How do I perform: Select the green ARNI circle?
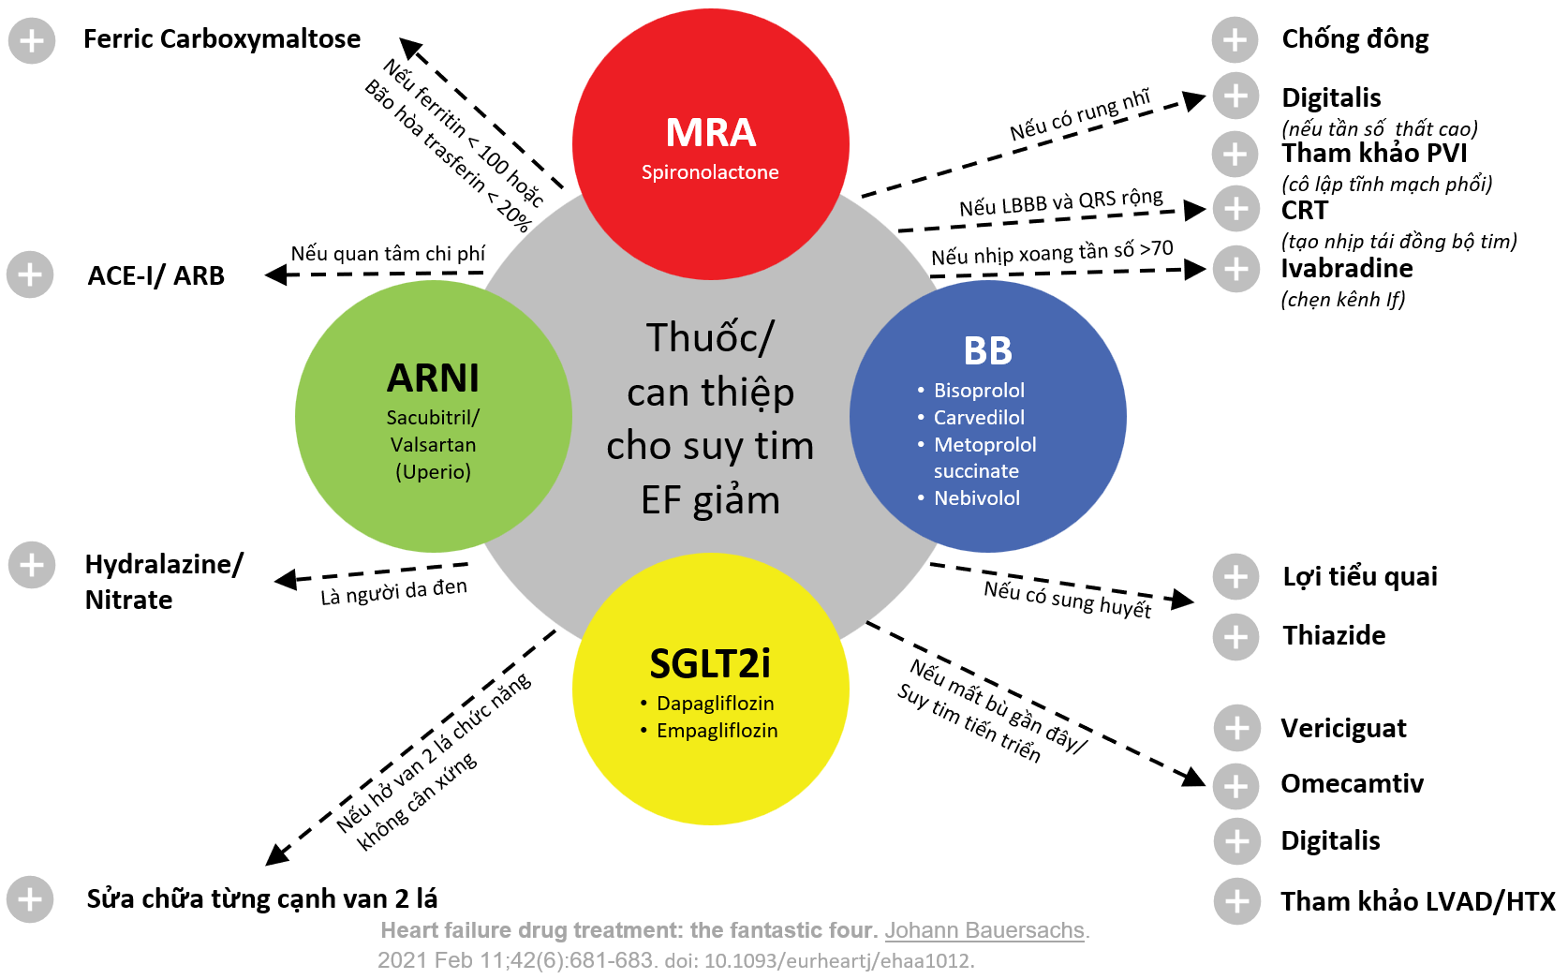pos(433,416)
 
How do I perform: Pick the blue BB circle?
pos(987,416)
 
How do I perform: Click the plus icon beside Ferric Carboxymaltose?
pos(31,40)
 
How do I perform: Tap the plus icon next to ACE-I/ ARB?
pos(30,274)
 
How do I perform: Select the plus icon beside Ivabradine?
pos(1235,269)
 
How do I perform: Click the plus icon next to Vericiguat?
pos(1236,728)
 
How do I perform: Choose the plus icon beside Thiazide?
pos(1235,637)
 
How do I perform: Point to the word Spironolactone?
pos(710,172)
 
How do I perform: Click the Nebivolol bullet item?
pos(976,498)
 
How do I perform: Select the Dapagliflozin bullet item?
pos(715,704)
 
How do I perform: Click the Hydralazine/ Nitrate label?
pos(163,582)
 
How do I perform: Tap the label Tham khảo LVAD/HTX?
pos(1417,901)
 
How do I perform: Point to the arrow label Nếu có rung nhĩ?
pos(1079,115)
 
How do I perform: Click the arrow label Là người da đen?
pos(393,592)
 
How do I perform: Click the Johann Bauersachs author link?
pos(984,930)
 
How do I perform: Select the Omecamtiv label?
pos(1352,784)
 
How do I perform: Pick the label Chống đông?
pos(1354,39)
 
